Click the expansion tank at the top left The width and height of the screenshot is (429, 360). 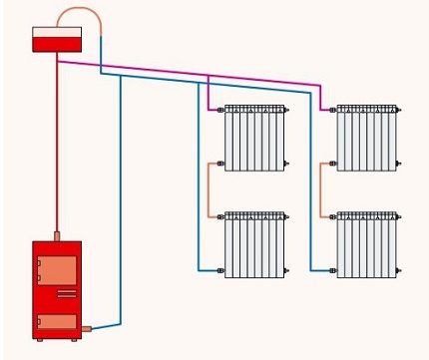(57, 39)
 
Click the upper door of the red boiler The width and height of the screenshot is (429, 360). (57, 270)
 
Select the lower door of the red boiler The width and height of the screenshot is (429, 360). (57, 321)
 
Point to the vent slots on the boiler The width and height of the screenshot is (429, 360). (66, 293)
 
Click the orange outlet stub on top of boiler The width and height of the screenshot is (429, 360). (57, 236)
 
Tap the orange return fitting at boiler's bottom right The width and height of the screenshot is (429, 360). (86, 327)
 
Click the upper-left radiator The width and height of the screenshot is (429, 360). (254, 138)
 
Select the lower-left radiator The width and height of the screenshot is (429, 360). (254, 244)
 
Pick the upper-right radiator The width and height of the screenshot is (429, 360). (366, 138)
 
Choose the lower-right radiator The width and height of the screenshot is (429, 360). (366, 244)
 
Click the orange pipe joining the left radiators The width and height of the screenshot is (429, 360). (210, 189)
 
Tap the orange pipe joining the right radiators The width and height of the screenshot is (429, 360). (321, 189)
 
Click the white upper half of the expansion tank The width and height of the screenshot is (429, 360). (57, 33)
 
